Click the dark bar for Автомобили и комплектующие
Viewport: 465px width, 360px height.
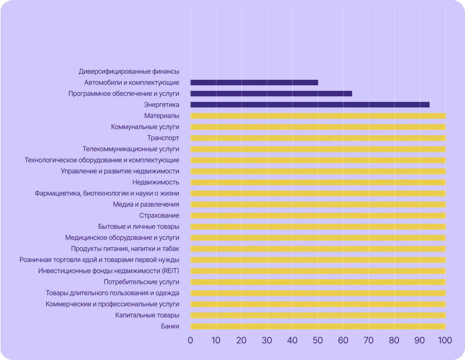click(254, 83)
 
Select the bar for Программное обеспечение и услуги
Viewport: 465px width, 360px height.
click(271, 94)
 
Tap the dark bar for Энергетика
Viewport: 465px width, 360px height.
click(310, 105)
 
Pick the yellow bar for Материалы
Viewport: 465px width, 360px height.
click(318, 116)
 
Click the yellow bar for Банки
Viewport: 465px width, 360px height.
click(318, 326)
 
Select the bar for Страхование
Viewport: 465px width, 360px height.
click(318, 216)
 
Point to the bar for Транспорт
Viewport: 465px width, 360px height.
click(318, 138)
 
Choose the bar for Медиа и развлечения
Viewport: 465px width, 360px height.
click(318, 205)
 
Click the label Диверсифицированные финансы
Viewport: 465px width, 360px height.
click(129, 72)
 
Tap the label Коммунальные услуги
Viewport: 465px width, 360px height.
click(145, 127)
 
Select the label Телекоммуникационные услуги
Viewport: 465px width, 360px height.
click(131, 149)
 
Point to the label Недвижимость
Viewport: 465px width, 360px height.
click(156, 182)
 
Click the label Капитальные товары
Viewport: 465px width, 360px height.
click(147, 315)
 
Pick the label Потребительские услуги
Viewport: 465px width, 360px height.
click(141, 282)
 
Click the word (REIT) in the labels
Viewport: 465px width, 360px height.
click(170, 271)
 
